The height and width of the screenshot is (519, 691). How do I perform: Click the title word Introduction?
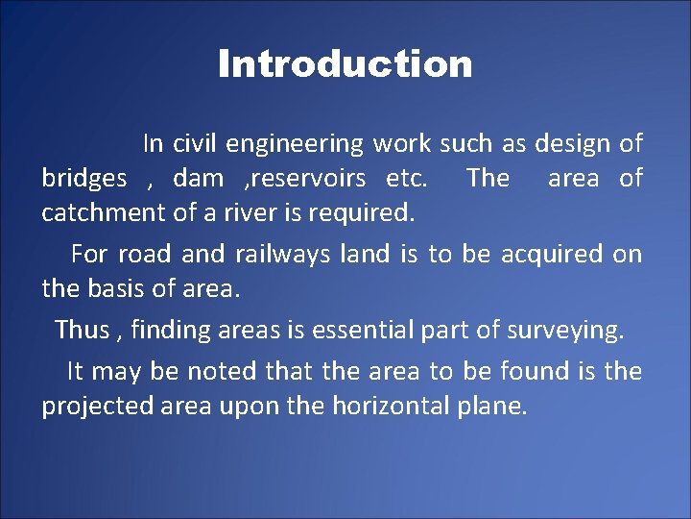[345, 64]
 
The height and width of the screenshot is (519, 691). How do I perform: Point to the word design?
[572, 144]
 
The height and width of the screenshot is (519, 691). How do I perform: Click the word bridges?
[83, 180]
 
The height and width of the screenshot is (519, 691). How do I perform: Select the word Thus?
[82, 330]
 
